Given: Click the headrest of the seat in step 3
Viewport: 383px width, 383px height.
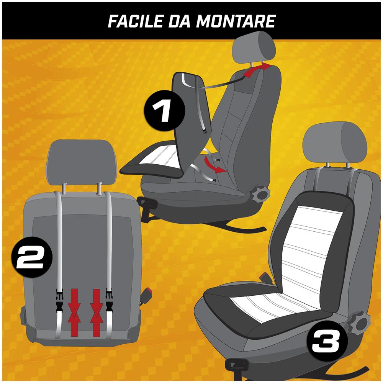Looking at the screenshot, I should (x=334, y=143).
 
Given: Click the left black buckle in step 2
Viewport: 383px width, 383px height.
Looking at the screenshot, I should (x=60, y=301).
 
